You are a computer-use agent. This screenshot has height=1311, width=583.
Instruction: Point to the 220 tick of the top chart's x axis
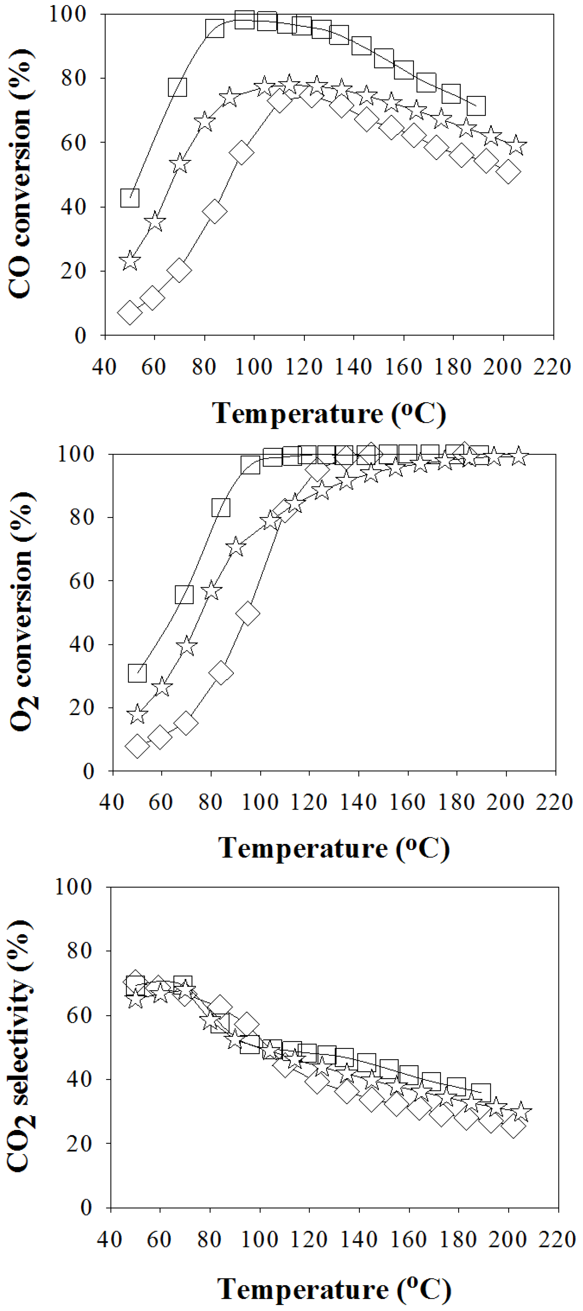click(553, 366)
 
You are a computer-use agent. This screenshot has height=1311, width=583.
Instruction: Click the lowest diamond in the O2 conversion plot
click(137, 746)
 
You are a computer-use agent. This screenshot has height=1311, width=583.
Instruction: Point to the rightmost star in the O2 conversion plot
click(518, 455)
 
